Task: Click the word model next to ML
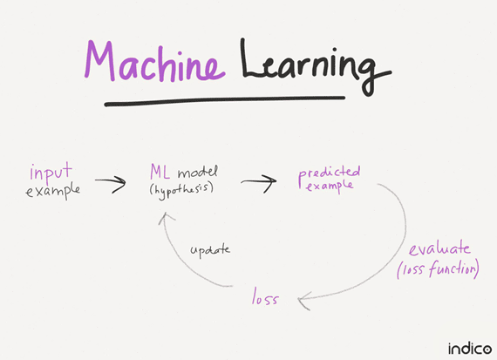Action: (x=201, y=171)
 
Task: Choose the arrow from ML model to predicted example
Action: (x=258, y=181)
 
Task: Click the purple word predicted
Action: (x=329, y=172)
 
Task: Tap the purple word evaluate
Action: (x=446, y=248)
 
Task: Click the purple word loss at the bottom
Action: (x=265, y=298)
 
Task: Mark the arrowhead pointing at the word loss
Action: (x=303, y=300)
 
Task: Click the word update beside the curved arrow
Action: (x=210, y=249)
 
